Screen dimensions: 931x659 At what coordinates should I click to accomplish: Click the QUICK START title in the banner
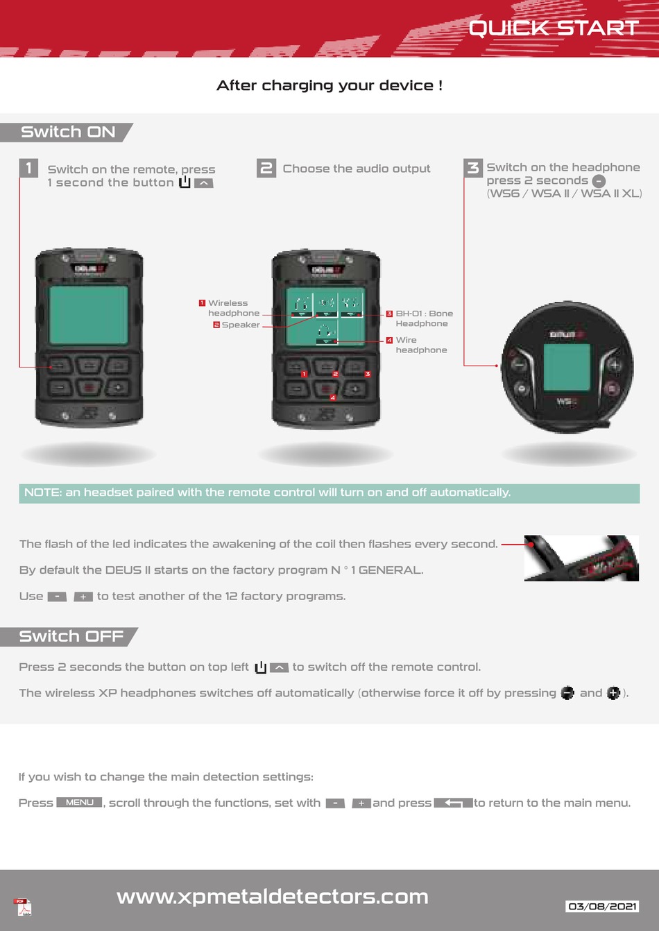point(554,28)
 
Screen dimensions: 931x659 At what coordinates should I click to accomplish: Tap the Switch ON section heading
point(67,132)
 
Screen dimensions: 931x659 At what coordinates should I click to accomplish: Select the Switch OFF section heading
point(71,636)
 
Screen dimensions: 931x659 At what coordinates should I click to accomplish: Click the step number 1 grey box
point(28,168)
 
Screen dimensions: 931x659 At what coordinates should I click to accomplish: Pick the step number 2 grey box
point(266,168)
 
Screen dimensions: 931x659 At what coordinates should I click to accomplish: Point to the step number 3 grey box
point(473,167)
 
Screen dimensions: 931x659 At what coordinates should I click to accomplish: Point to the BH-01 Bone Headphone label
point(423,318)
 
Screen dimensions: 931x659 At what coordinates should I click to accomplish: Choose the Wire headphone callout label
point(420,345)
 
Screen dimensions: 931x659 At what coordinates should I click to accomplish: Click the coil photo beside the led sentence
point(581,558)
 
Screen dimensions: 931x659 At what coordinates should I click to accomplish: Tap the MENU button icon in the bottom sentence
point(79,803)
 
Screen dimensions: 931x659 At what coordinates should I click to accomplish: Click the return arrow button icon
point(453,803)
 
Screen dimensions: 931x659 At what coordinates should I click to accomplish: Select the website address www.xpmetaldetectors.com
point(272,896)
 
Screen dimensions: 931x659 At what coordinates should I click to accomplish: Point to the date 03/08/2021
point(602,906)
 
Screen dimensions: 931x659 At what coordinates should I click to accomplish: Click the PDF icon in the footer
point(24,907)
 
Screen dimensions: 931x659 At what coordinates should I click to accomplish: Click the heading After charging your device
point(329,85)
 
